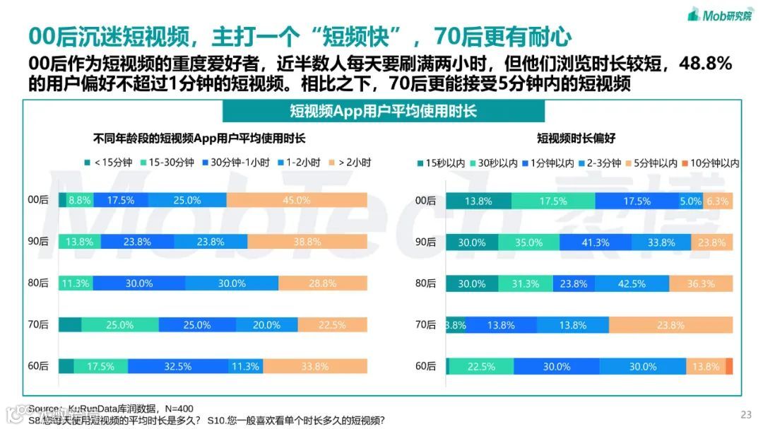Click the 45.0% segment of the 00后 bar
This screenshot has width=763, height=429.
(297, 200)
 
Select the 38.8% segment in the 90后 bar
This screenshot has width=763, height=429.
(307, 242)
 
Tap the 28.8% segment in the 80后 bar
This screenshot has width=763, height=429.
(322, 283)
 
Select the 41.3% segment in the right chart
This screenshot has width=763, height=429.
(595, 242)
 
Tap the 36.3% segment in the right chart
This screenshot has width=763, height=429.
(701, 283)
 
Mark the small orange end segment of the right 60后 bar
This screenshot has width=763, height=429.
(729, 366)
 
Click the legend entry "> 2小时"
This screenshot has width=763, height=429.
(349, 162)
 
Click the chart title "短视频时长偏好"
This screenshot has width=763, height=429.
(576, 139)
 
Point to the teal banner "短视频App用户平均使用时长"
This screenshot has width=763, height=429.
(383, 111)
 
